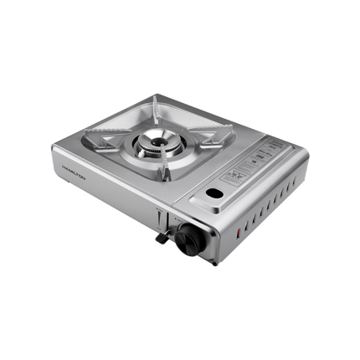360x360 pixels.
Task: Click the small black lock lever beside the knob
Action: coord(157,239)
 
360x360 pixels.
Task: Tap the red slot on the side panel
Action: coord(238,231)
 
